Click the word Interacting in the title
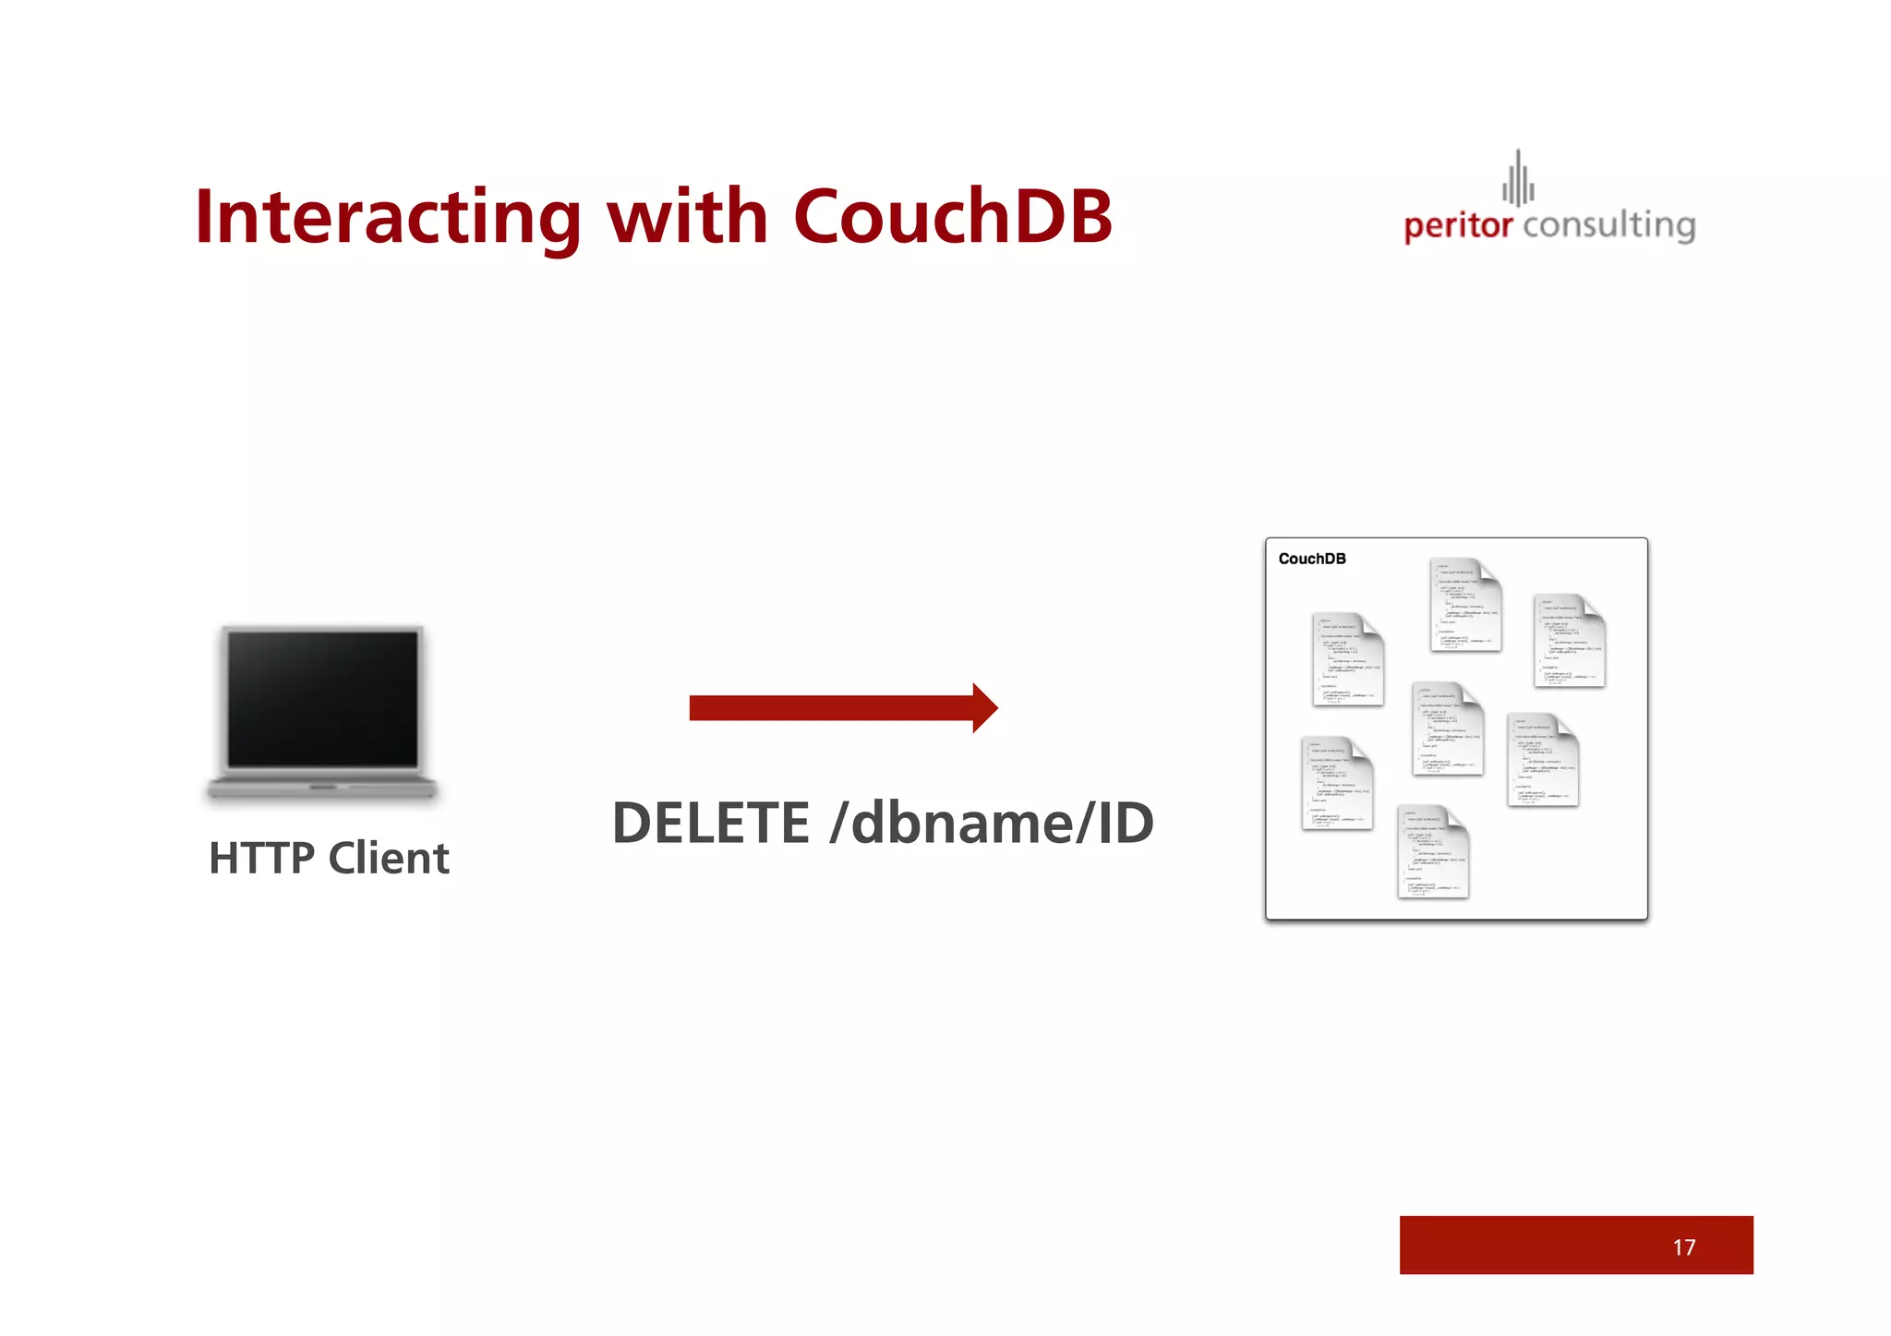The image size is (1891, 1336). point(387,217)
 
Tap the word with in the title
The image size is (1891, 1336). point(686,217)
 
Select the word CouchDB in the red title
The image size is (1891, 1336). point(952,217)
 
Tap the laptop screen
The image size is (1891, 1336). point(322,699)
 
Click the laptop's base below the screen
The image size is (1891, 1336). point(322,788)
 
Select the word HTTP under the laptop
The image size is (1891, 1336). point(261,859)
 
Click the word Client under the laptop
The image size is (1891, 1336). point(389,859)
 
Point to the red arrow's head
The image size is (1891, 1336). point(984,708)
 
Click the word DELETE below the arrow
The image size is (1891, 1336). point(711,824)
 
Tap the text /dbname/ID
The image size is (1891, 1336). point(992,824)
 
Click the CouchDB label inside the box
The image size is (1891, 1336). point(1311,559)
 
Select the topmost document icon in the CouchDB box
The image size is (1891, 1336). point(1465,605)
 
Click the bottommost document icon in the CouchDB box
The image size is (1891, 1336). point(1432,851)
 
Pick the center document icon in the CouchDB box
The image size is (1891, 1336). point(1447,728)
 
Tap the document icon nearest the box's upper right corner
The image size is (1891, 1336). point(1569,641)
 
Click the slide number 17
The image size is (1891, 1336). point(1683,1247)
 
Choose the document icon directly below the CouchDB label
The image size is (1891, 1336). point(1347,659)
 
